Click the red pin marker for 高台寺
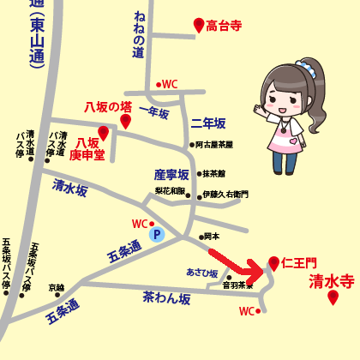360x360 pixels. pyautogui.click(x=199, y=25)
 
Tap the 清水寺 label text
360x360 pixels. pyautogui.click(x=331, y=279)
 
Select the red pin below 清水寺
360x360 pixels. pyautogui.click(x=333, y=297)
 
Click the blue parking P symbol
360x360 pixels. pyautogui.click(x=156, y=233)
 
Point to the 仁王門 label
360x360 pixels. pyautogui.click(x=299, y=261)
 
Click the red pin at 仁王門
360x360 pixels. pyautogui.click(x=273, y=262)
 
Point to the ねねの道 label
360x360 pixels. pyautogui.click(x=139, y=37)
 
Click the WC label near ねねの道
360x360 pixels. pyautogui.click(x=169, y=84)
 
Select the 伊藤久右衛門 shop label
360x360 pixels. pyautogui.click(x=225, y=195)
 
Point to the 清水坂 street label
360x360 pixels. pyautogui.click(x=70, y=189)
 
